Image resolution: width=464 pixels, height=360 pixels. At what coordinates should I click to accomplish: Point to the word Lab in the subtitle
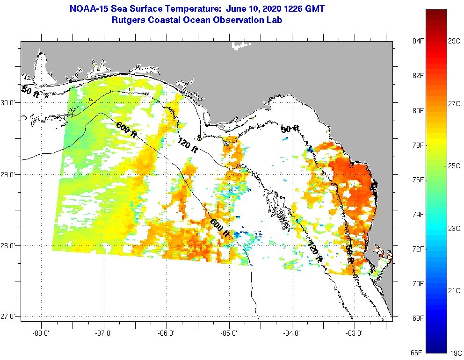[x=274, y=20]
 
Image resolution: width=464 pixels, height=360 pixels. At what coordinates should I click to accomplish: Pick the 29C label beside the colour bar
[x=454, y=41]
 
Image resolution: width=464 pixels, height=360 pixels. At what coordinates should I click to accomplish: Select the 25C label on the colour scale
[x=454, y=166]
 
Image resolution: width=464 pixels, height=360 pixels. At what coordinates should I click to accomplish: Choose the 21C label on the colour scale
[x=454, y=290]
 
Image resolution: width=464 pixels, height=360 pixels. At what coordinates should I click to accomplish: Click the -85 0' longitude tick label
[x=229, y=333]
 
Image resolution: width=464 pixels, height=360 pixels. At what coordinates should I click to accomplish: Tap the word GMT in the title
[x=313, y=9]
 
